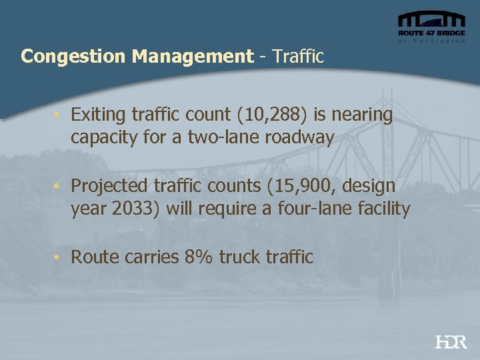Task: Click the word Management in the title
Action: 192,56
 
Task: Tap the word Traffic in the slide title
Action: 298,56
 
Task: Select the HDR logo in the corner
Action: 451,342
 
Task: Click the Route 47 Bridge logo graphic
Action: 431,26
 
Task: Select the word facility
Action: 382,209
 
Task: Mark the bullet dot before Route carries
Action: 59,257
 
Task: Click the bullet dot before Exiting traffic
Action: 59,115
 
